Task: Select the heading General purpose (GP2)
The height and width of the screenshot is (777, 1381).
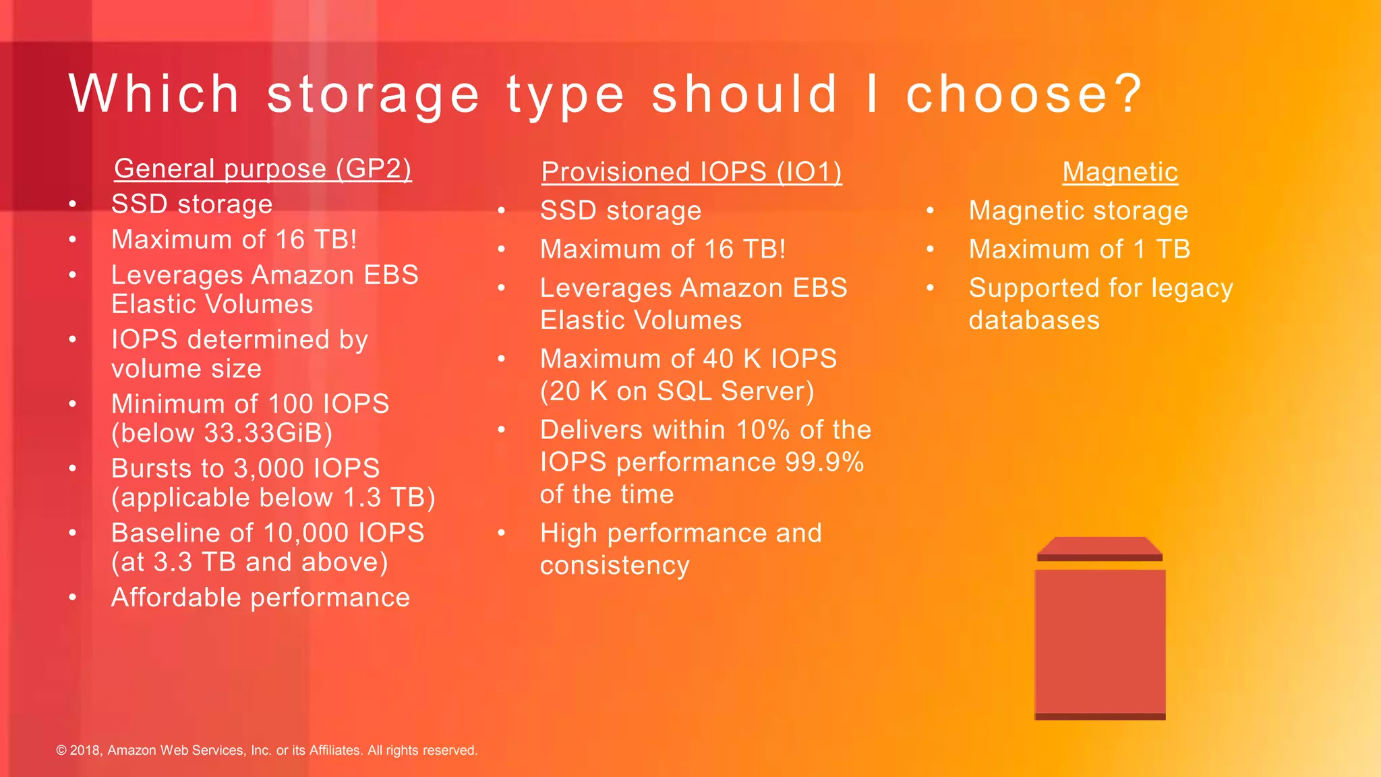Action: coord(262,169)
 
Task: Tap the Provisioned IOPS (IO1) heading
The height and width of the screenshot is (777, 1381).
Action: coord(691,172)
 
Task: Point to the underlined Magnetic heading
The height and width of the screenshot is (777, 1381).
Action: coord(1120,172)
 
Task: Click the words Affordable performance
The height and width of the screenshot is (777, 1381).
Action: coord(260,598)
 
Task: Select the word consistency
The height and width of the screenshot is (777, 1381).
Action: coord(614,565)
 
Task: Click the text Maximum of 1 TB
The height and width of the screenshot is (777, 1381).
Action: coord(1079,250)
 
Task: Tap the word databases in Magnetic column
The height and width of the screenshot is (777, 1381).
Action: coord(1034,320)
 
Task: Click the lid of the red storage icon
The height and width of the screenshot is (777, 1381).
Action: coord(1099,547)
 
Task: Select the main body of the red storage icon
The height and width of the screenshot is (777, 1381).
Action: coord(1100,641)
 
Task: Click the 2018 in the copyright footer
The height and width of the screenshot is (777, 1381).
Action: coord(85,751)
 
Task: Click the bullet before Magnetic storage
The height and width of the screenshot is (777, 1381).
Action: coord(930,210)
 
